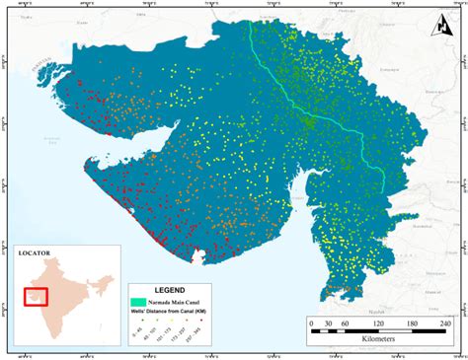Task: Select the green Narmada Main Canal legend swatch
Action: pos(138,301)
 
